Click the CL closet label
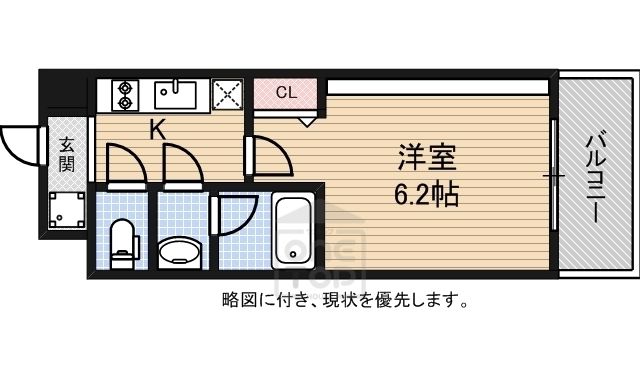[286, 93]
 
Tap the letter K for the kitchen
[158, 130]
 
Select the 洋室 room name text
[427, 157]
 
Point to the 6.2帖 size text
[427, 194]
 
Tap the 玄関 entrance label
[67, 155]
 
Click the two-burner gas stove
[124, 95]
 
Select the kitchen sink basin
[176, 95]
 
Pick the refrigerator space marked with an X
[228, 95]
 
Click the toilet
[122, 244]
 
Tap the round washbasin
[180, 252]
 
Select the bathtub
[293, 231]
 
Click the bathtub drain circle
[293, 254]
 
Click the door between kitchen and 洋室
[268, 156]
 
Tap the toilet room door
[126, 165]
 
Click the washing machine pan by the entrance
[67, 210]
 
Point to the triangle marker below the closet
[307, 122]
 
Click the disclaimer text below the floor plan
[345, 300]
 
